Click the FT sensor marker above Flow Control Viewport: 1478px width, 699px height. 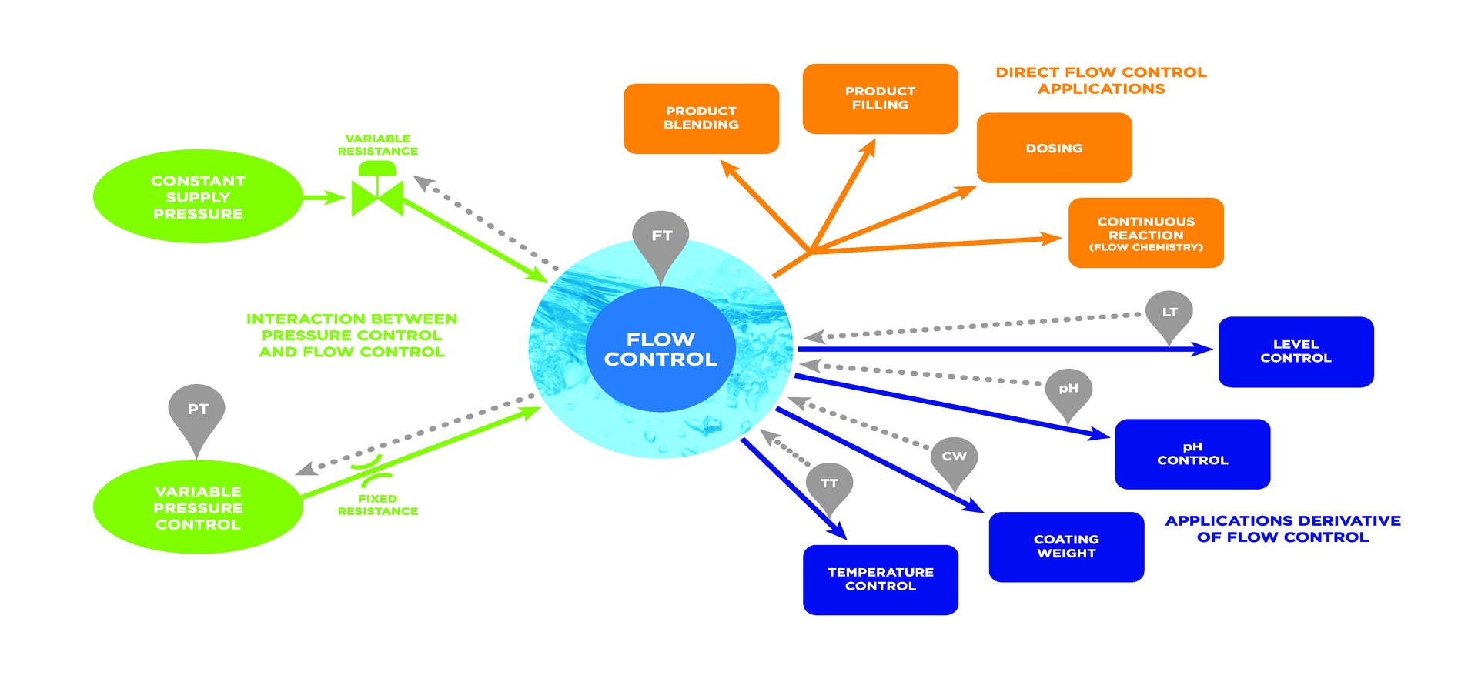point(660,237)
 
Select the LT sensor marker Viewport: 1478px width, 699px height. point(1169,313)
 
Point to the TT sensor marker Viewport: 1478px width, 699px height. point(829,484)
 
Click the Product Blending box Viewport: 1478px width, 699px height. point(701,119)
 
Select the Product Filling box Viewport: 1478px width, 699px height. point(880,99)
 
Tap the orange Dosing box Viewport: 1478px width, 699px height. point(1054,148)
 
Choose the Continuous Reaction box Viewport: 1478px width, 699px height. point(1145,232)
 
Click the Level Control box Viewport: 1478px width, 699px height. point(1296,352)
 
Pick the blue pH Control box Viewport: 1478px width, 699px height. point(1192,454)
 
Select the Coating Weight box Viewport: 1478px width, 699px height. point(1066,547)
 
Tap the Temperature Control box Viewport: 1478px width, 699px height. point(880,580)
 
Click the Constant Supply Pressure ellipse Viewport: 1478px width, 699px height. point(198,197)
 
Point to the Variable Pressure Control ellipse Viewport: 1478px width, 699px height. point(198,507)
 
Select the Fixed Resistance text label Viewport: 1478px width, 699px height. point(377,505)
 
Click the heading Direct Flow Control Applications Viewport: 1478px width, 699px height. point(1101,81)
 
